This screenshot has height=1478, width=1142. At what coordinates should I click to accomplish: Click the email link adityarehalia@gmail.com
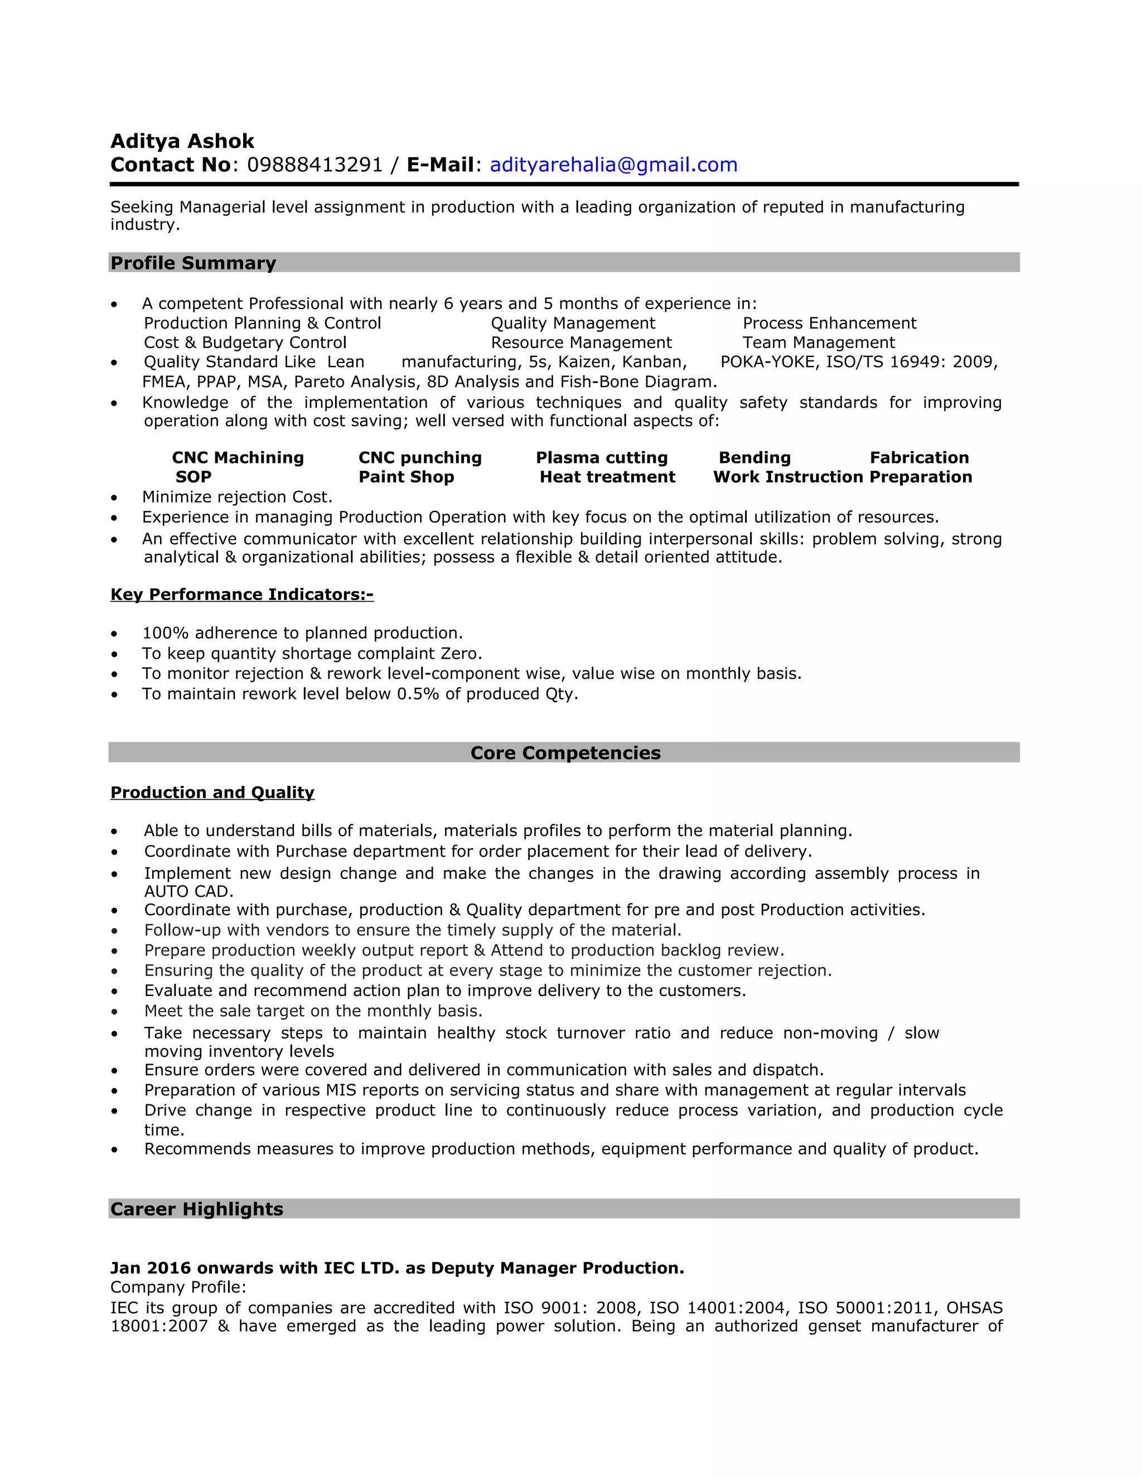coord(613,165)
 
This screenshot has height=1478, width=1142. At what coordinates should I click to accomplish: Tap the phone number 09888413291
coord(314,165)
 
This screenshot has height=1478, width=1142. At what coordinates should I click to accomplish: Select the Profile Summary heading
coord(193,263)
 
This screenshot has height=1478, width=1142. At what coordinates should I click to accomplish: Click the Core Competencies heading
coord(565,752)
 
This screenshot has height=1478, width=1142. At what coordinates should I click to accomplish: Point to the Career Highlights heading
coord(197,1209)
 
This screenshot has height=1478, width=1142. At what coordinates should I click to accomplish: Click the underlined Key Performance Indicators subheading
coord(241,594)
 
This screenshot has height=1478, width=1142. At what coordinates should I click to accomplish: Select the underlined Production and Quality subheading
coord(212,792)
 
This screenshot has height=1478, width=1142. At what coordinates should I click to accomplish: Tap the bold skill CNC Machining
coord(238,457)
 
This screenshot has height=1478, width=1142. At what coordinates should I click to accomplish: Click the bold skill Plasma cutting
coord(602,457)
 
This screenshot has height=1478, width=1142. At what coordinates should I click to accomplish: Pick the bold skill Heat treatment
coord(607,476)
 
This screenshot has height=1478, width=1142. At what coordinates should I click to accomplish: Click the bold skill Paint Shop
coord(406,476)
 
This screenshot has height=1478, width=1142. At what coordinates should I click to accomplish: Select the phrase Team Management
coord(818,342)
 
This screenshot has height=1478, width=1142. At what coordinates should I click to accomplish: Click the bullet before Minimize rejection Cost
coord(114,498)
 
